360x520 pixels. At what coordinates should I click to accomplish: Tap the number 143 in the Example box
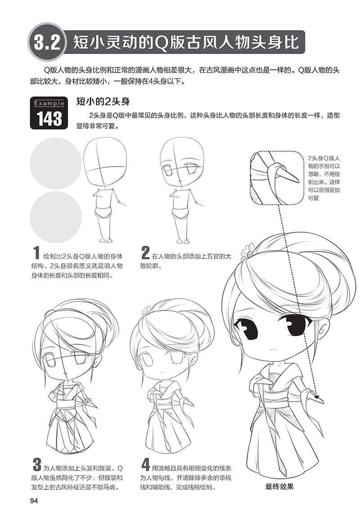click(49, 119)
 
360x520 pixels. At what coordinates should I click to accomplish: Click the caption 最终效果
click(279, 486)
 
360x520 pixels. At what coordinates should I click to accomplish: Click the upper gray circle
click(56, 163)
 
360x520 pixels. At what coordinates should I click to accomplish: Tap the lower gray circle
click(56, 217)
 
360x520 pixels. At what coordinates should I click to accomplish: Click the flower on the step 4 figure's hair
click(146, 311)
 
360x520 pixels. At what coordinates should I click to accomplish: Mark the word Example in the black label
click(49, 103)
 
